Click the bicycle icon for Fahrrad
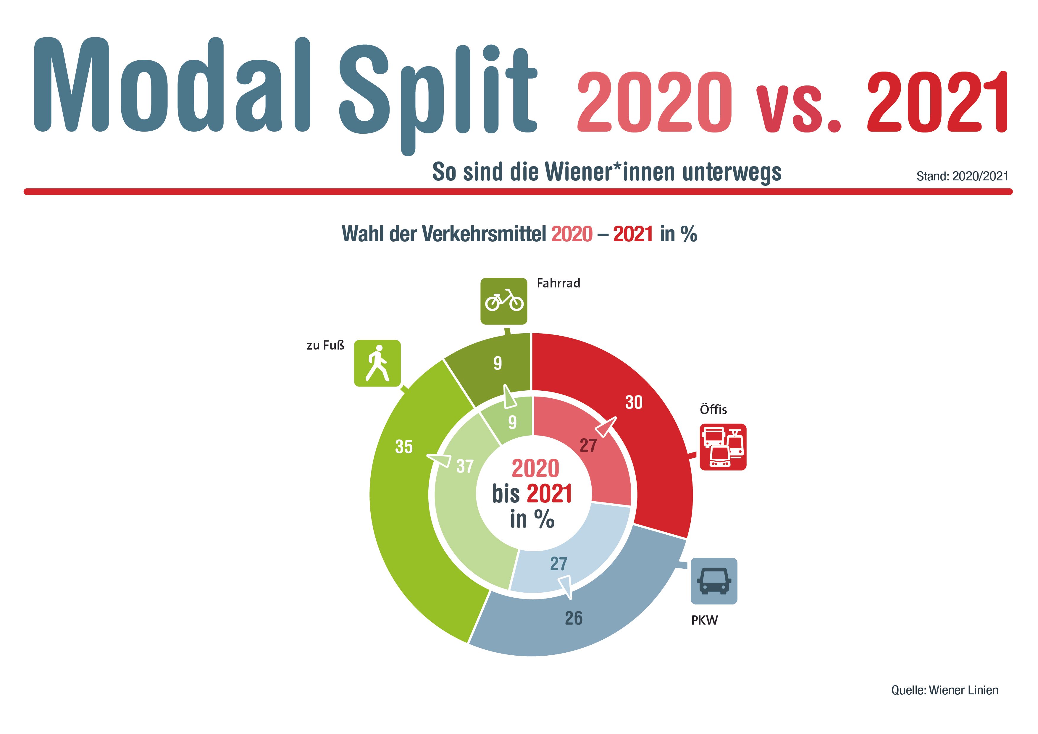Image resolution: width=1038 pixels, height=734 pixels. click(504, 301)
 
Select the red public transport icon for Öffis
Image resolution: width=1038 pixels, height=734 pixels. click(723, 447)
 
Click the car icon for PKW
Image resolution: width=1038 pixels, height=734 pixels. click(714, 581)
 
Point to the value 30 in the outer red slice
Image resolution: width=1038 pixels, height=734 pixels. click(634, 402)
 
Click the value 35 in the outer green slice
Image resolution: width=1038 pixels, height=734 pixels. click(404, 447)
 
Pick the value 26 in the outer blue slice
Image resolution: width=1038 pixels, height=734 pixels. click(574, 618)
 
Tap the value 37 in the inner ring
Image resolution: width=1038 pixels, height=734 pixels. click(465, 466)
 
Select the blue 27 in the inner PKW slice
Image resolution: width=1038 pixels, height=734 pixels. click(559, 564)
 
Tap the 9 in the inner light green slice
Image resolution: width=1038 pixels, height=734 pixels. click(512, 422)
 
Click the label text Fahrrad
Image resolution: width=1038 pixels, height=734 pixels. click(558, 283)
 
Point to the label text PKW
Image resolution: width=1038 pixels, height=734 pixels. click(704, 620)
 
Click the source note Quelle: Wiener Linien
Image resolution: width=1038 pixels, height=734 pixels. click(945, 690)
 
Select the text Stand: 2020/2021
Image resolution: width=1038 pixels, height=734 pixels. click(963, 176)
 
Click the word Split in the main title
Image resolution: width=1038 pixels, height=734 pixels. click(438, 93)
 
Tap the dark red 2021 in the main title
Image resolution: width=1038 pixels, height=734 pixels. click(937, 103)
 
